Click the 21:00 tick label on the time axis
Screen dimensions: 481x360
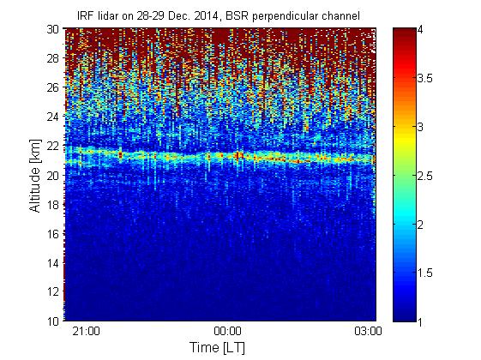86,331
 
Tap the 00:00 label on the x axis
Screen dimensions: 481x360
227,331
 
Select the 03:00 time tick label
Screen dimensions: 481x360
368,331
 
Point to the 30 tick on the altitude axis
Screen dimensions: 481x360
53,29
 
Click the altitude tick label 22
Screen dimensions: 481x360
53,146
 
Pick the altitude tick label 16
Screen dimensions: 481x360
53,234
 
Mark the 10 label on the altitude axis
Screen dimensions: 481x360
53,321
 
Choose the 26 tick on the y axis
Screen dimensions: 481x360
53,87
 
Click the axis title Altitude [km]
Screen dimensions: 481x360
35,176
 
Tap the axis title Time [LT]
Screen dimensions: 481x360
218,347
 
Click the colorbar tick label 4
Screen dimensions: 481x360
420,29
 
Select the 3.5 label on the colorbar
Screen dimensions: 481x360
425,78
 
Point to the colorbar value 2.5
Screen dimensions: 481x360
425,176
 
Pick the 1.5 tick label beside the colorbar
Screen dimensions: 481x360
425,273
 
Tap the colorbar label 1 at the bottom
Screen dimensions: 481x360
420,321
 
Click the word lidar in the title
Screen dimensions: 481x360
109,16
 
